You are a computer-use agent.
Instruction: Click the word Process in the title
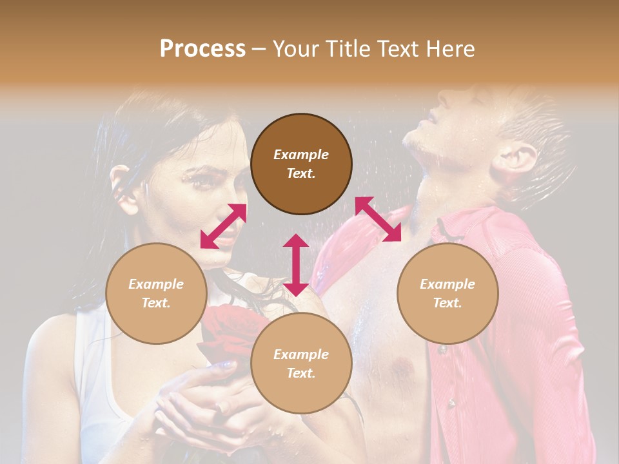[202, 49]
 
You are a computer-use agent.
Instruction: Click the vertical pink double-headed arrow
[296, 265]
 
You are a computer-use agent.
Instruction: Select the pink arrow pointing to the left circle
[223, 226]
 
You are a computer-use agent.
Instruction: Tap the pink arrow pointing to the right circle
[378, 219]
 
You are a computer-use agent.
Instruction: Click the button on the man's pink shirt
[442, 350]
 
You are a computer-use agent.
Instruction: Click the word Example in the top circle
[301, 155]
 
